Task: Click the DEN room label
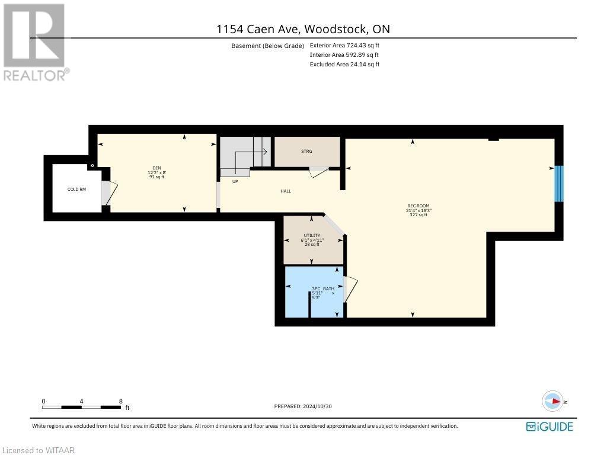click(x=156, y=168)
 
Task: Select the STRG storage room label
click(x=306, y=152)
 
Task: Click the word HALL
click(x=286, y=191)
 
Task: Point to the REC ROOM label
click(x=418, y=206)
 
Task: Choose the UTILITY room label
click(x=312, y=235)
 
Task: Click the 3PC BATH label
click(x=323, y=289)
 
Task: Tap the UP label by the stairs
click(x=235, y=181)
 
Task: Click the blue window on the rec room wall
click(x=558, y=184)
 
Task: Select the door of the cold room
click(x=108, y=193)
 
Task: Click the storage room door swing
click(x=318, y=172)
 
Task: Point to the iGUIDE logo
click(x=550, y=427)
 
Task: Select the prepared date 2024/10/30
click(x=307, y=406)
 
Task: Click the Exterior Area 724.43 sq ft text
click(x=344, y=46)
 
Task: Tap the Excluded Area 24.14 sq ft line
click(x=344, y=64)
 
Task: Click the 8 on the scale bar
click(x=121, y=401)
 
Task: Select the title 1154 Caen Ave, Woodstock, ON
click(x=303, y=29)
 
